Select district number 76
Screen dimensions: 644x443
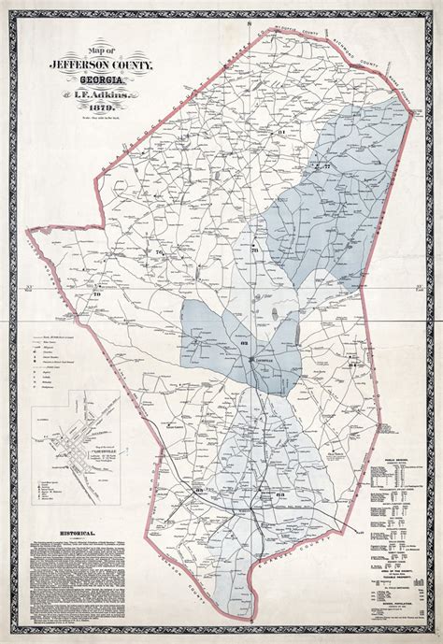[x=159, y=253]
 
